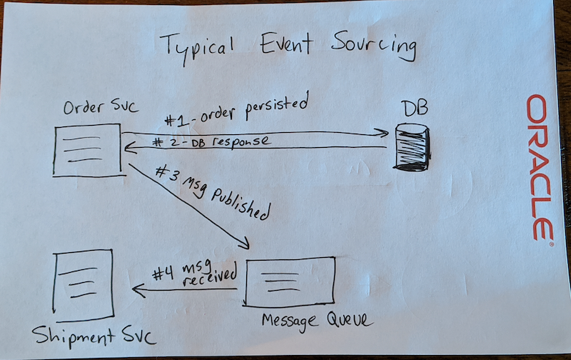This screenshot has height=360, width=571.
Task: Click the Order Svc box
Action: tap(86, 150)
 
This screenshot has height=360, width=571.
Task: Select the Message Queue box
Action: tap(290, 281)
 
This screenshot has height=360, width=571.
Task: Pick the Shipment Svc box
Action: tap(84, 285)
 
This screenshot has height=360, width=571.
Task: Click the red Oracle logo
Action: tap(540, 169)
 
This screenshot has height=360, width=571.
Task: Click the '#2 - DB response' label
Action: tap(211, 141)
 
